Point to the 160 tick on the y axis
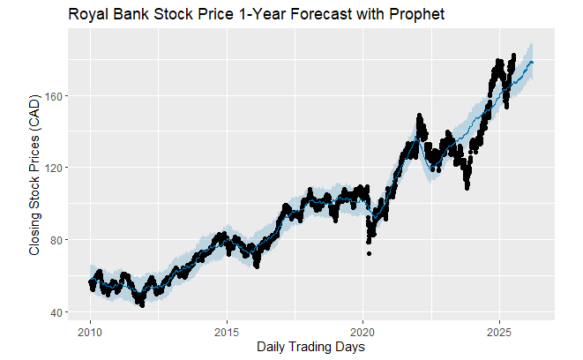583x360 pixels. [x=49, y=95]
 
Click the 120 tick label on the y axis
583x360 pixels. [x=49, y=168]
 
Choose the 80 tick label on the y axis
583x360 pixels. [x=52, y=240]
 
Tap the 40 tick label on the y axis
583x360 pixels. [x=52, y=312]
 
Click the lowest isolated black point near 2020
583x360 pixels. [x=370, y=253]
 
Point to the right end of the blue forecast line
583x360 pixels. [x=532, y=63]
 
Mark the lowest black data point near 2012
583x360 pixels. [x=141, y=305]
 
